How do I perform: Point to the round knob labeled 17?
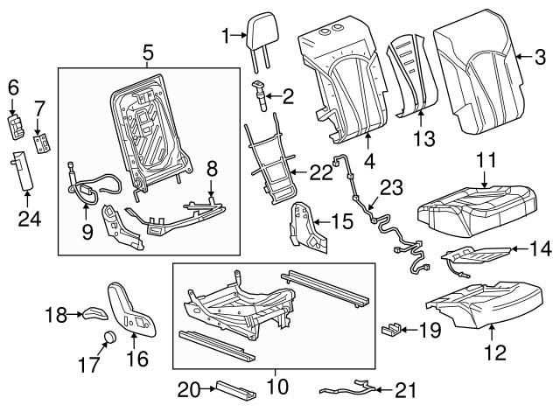pyautogui.click(x=111, y=339)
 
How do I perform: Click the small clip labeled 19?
pyautogui.click(x=392, y=330)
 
